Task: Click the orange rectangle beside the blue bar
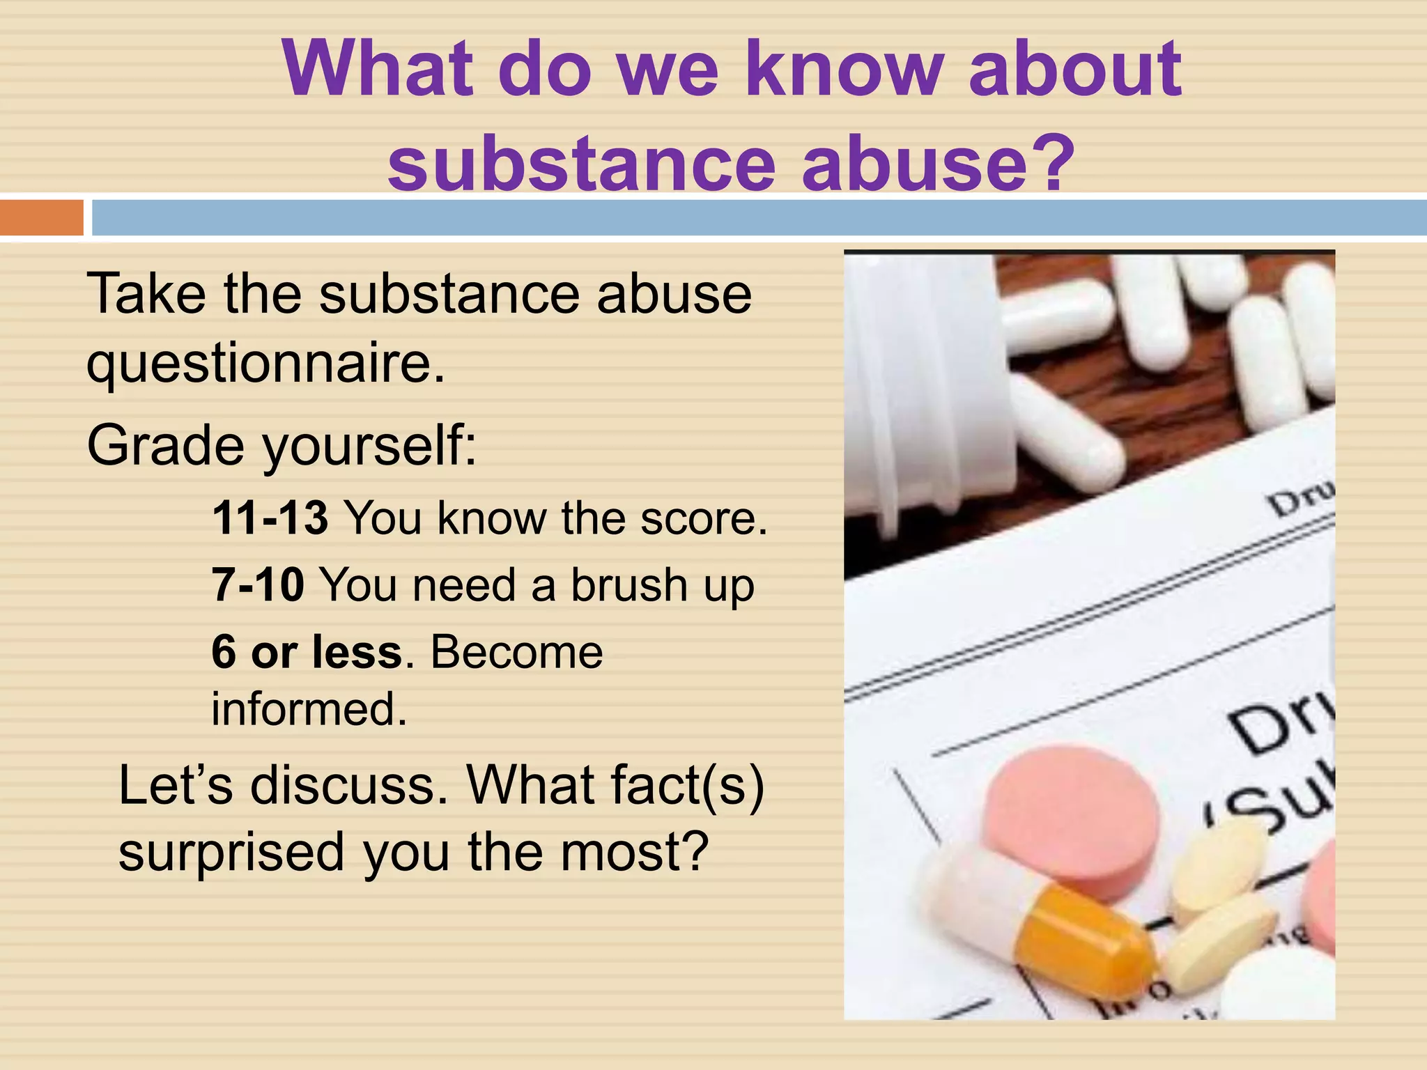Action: (41, 217)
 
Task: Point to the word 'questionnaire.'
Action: (265, 364)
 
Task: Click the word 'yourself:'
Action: (370, 446)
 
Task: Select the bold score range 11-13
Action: (270, 518)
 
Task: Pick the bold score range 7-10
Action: (258, 584)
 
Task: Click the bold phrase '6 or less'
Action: (307, 652)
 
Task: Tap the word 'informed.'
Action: (309, 709)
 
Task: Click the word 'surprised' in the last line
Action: (231, 853)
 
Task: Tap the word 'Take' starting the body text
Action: (146, 293)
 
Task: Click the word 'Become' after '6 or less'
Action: (516, 652)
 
